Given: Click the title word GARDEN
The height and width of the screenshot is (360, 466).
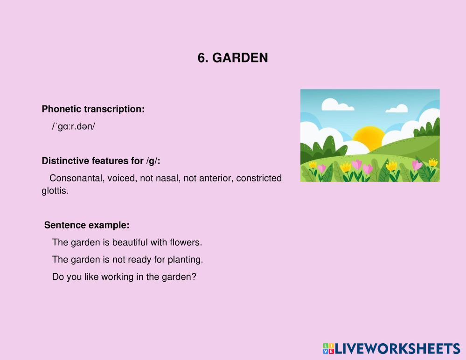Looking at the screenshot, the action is pos(240,58).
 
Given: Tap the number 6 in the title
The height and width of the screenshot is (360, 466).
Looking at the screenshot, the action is pos(202,58).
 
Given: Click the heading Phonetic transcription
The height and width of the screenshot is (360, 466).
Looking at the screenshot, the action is pos(93,109).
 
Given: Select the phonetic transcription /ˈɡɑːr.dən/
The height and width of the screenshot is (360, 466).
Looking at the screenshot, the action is pos(73,126).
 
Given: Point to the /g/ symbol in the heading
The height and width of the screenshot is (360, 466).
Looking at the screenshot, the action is pos(152,161).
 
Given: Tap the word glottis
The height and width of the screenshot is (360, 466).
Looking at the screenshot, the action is pos(55,191).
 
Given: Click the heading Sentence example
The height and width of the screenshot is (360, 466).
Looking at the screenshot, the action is pos(87,225).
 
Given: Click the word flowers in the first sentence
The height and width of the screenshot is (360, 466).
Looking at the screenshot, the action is pos(186,242).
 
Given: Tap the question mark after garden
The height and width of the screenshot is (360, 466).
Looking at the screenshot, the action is pos(194,277).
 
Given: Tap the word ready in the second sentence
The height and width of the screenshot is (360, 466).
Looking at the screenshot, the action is pos(139,260).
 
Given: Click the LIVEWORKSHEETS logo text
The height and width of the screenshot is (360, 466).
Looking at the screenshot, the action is pos(398,349).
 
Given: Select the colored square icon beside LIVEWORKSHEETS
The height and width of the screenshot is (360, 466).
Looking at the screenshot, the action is pos(329,349).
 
